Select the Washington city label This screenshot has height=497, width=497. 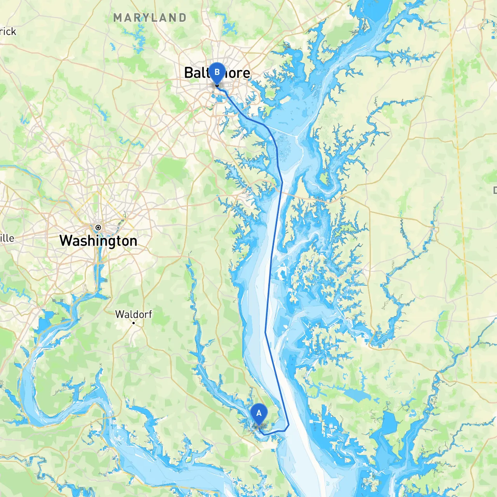tap(98, 241)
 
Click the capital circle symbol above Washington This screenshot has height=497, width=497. tap(98, 228)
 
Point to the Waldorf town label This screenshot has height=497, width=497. tap(134, 314)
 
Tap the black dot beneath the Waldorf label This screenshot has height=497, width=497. tap(134, 323)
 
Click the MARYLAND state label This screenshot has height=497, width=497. tap(150, 18)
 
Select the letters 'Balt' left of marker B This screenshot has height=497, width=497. tap(196, 73)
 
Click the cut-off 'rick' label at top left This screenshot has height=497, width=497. tap(8, 31)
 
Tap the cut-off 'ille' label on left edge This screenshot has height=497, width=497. tap(7, 238)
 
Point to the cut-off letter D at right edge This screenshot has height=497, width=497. tap(495, 190)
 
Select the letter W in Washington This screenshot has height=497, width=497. tap(66, 241)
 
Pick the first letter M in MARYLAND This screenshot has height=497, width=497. tap(118, 18)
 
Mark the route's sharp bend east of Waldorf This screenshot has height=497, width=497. tap(265, 332)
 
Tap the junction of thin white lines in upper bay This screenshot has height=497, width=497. tap(297, 136)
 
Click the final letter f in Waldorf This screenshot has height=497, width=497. tap(150, 314)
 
